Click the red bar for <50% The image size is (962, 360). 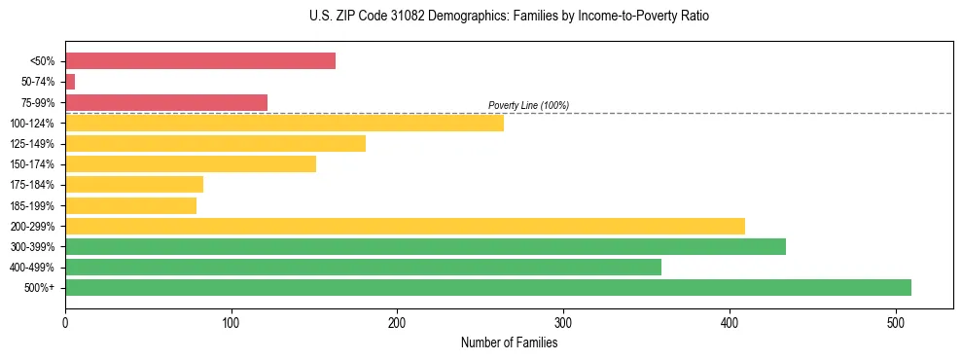pos(200,61)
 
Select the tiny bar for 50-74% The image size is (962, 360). pos(70,82)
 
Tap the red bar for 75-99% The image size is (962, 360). pos(166,102)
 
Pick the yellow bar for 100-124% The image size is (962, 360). pos(284,123)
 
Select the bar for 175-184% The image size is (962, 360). pos(134,185)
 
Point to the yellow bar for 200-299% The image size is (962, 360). pos(405,226)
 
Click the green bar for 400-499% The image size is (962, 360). pos(363,267)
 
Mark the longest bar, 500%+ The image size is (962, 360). pos(488,287)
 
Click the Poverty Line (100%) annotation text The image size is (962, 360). pos(528,105)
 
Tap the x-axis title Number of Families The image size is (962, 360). pos(509,342)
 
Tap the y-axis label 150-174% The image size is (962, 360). pos(33,164)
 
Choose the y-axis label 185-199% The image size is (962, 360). pos(33,205)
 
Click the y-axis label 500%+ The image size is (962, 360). pos(40,288)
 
